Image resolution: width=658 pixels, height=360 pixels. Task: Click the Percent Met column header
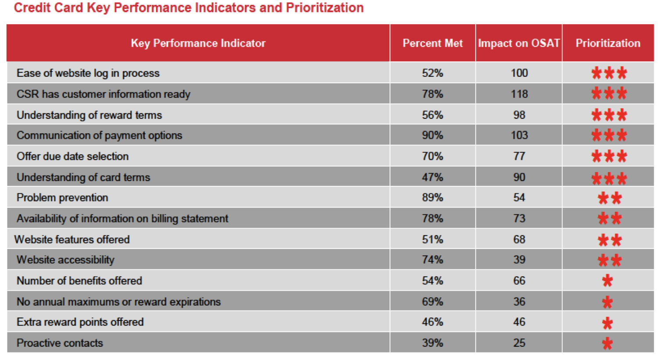[433, 43]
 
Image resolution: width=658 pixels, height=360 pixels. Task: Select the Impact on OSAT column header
[519, 43]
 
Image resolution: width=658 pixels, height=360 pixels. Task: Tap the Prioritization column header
[608, 43]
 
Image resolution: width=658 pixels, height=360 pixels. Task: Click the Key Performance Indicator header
[198, 43]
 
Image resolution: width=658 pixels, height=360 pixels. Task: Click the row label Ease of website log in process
[88, 73]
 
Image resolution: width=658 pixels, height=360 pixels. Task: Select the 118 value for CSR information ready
[519, 94]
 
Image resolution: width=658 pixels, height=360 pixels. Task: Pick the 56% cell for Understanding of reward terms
[433, 115]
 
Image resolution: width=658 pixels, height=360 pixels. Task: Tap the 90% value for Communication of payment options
[433, 135]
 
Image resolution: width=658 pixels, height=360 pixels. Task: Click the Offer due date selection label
[73, 156]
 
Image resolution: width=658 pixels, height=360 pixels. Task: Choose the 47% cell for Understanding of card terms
[433, 177]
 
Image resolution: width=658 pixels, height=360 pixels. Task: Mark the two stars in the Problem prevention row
[609, 198]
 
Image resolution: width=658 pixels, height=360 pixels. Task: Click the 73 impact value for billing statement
[519, 218]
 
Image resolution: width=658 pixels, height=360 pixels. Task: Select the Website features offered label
[72, 239]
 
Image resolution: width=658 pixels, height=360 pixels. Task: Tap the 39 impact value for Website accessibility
[519, 260]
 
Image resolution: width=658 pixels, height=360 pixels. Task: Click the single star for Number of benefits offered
[608, 281]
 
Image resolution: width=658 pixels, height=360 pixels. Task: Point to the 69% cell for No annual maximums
[433, 302]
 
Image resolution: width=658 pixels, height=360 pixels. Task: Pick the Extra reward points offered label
[80, 322]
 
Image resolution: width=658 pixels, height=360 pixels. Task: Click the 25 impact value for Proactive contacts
[519, 343]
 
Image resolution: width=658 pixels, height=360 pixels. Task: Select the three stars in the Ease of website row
[609, 73]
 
